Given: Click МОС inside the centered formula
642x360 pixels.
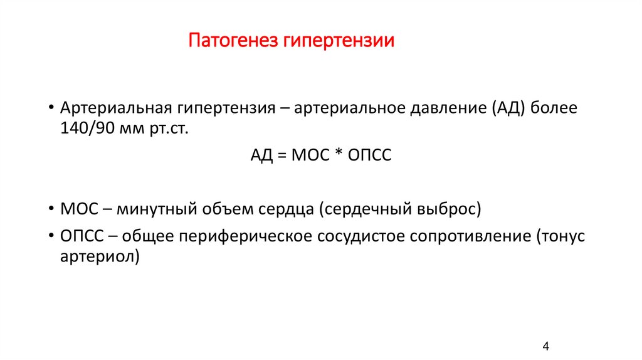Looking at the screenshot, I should [x=308, y=157].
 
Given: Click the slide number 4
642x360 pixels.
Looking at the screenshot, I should [x=545, y=346].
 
